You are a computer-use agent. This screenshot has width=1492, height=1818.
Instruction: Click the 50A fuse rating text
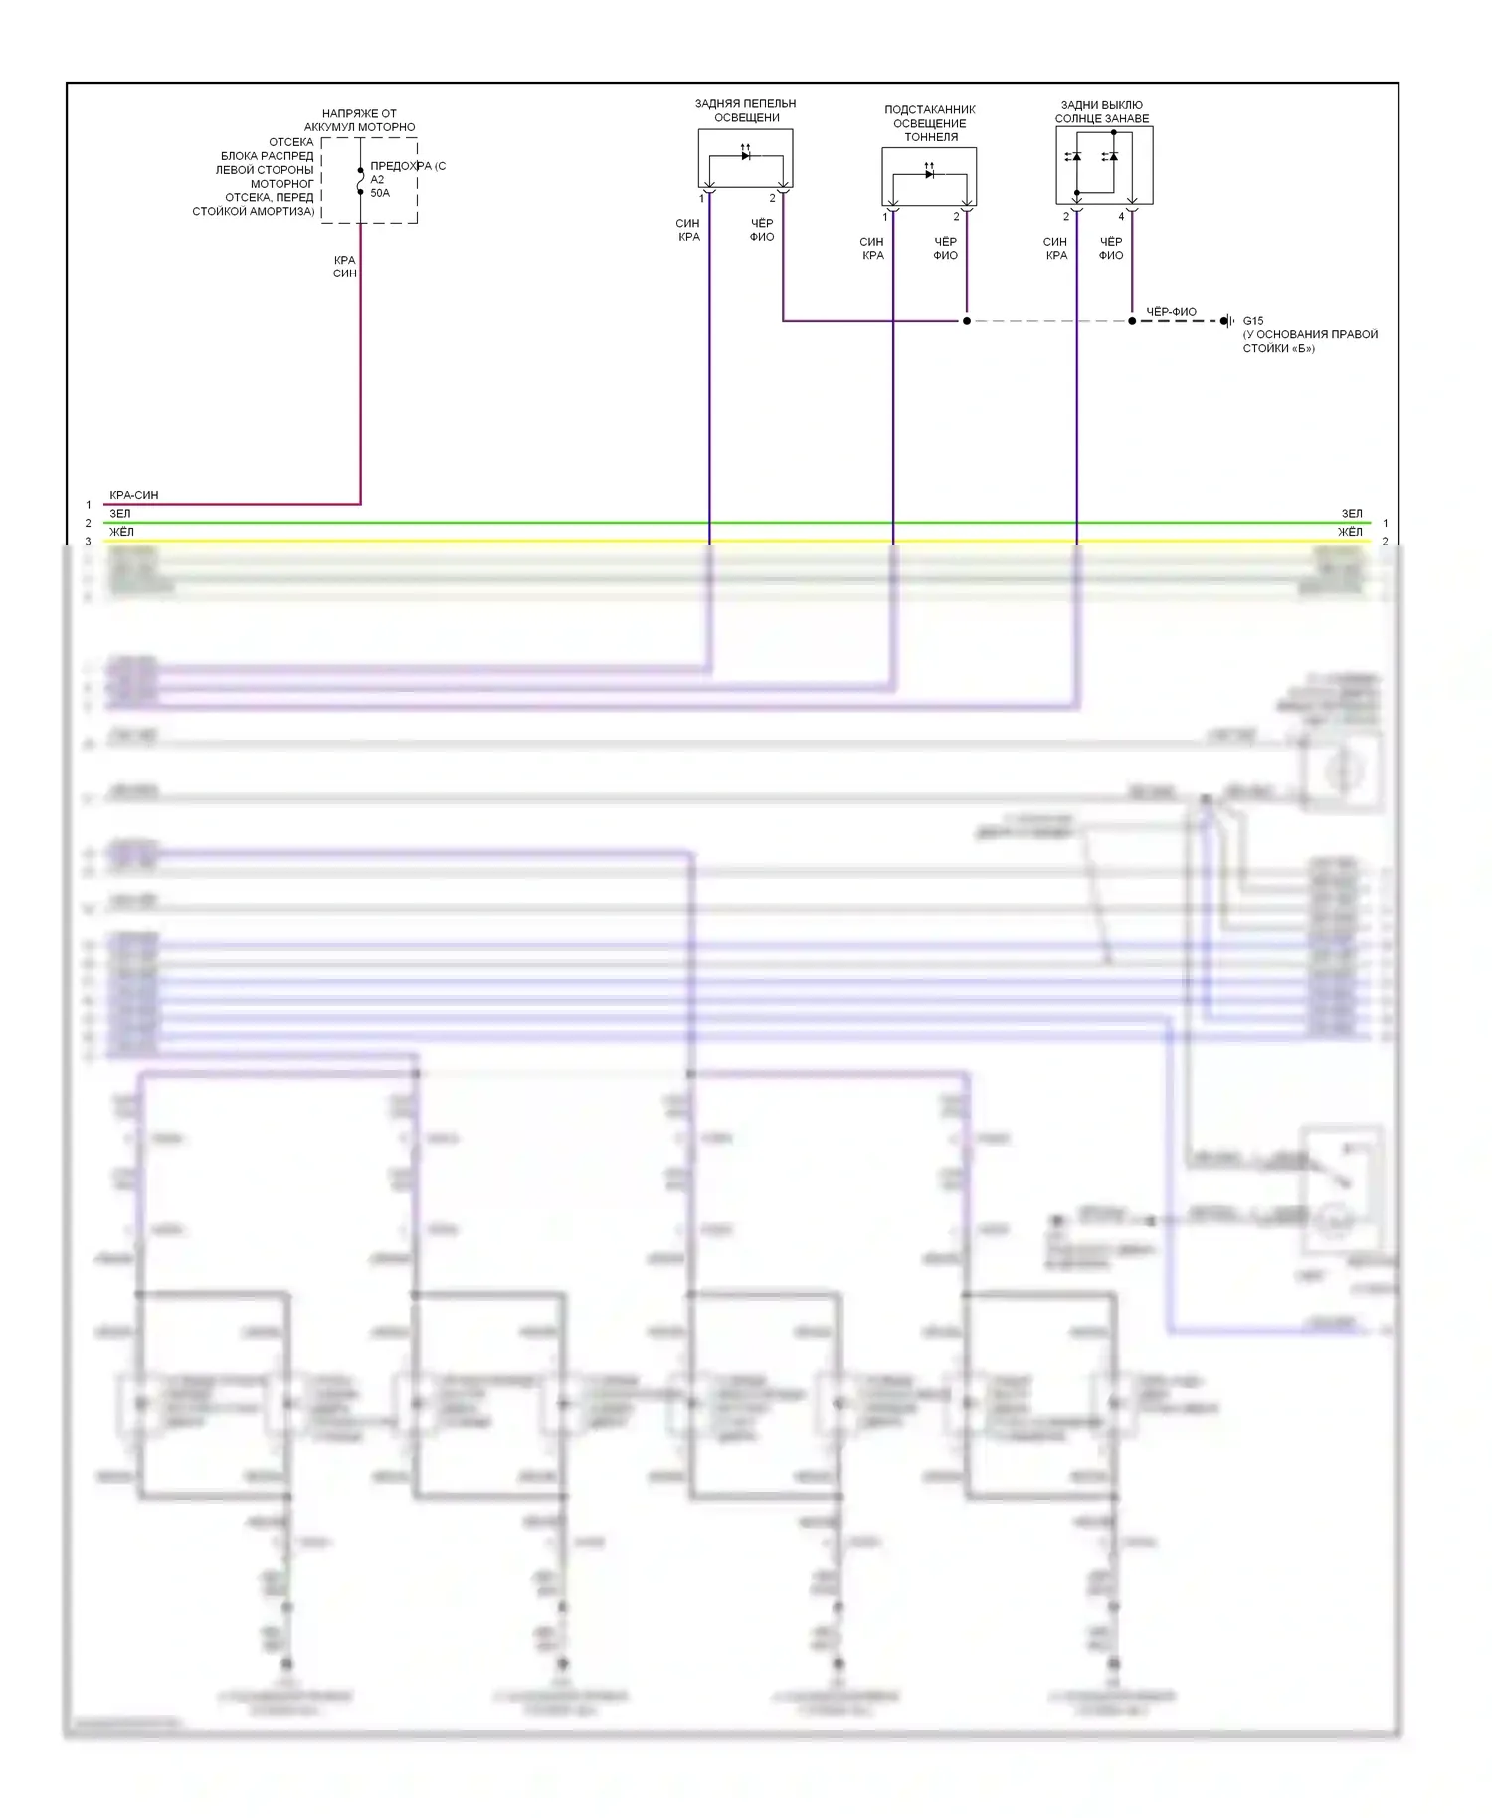[x=380, y=193]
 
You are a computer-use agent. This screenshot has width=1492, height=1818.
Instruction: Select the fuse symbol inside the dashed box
[x=360, y=181]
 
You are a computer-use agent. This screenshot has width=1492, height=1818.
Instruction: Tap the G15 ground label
[x=1253, y=321]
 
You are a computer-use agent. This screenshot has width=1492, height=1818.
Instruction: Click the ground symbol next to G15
[x=1228, y=321]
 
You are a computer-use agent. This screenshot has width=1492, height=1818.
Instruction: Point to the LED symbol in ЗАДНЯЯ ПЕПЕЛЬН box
[x=746, y=155]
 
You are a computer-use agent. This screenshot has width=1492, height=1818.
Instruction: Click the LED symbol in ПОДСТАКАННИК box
[x=929, y=173]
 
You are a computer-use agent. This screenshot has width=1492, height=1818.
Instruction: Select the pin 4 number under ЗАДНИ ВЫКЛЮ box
[x=1121, y=217]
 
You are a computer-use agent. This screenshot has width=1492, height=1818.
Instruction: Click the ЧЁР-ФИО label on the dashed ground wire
[x=1171, y=312]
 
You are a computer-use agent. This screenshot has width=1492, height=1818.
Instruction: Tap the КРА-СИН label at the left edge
[x=134, y=495]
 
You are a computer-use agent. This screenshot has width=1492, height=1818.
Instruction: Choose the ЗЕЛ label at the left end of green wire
[x=120, y=514]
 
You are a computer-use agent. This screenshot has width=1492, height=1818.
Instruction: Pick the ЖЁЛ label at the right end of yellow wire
[x=1350, y=532]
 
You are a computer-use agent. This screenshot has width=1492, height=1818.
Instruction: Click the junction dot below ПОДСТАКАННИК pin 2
[x=966, y=321]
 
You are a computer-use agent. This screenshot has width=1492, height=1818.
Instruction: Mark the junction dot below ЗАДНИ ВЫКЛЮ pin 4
[x=1132, y=321]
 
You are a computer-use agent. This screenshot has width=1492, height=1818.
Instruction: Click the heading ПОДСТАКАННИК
[x=930, y=110]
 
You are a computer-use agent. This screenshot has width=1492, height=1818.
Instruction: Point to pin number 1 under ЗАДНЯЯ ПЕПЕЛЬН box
[x=701, y=199]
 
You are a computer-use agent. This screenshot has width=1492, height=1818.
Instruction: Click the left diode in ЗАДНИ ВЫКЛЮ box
[x=1074, y=156]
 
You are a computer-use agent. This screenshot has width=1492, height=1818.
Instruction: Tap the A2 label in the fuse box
[x=377, y=180]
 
